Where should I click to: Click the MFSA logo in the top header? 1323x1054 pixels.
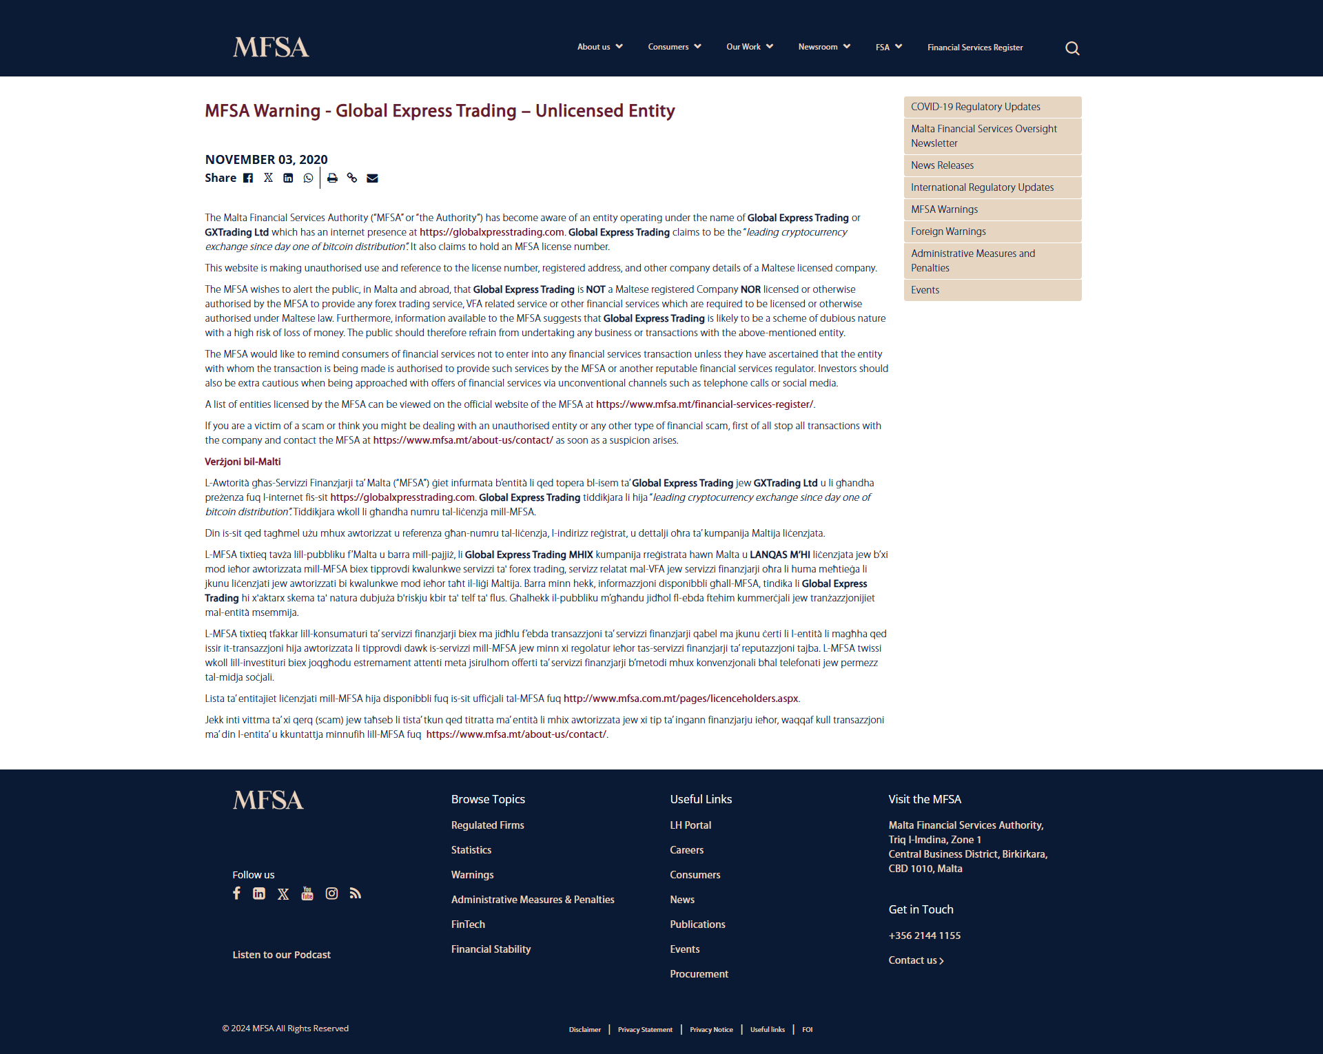pos(271,47)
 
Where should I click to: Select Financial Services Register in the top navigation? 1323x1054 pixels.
pos(974,48)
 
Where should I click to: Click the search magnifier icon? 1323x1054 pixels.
pos(1072,48)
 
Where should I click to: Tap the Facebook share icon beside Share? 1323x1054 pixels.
pos(248,178)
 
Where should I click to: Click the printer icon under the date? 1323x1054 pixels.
pos(332,178)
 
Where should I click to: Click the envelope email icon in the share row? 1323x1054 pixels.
pos(372,178)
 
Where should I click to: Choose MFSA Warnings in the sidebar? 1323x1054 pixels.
pos(944,209)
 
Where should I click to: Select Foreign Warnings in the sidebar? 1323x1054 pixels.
pos(948,231)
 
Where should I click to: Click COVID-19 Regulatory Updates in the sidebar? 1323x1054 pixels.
pos(975,107)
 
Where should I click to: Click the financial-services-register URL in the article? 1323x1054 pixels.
pos(704,404)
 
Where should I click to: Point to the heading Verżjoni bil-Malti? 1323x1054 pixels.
pos(243,462)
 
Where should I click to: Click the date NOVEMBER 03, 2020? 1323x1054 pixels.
pos(266,159)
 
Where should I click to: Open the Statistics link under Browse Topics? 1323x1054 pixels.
pos(471,850)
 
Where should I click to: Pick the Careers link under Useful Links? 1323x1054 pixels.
pos(686,850)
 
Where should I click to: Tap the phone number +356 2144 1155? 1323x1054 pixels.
pos(924,936)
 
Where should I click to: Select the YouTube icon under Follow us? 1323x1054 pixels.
pos(307,893)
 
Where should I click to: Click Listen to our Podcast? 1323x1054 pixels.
pos(281,955)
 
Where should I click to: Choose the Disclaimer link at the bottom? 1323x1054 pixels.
pos(584,1029)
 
